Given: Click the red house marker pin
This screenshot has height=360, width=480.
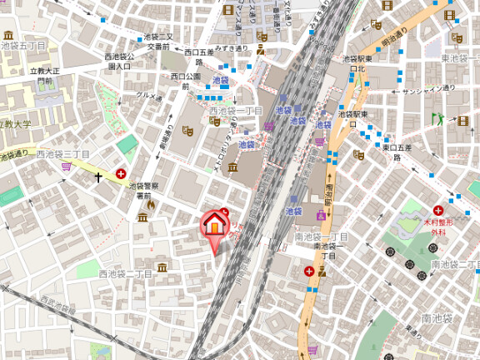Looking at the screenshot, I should [214, 224].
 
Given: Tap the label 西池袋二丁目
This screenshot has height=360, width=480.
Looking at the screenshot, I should [125, 273].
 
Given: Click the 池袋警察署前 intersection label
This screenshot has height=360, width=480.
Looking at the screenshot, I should [145, 191].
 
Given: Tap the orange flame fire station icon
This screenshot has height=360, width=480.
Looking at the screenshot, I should [151, 202].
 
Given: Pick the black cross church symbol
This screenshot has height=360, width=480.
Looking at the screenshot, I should [98, 177].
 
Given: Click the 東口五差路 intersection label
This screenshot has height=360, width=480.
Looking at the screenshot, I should [397, 152].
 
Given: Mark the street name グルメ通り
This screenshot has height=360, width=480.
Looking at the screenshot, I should [149, 95].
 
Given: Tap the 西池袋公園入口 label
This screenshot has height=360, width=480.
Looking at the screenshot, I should [119, 61].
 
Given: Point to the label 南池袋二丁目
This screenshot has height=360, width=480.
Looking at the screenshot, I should [454, 265].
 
